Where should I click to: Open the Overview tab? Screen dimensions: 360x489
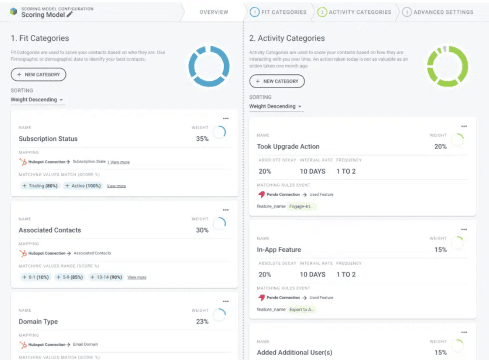(214, 12)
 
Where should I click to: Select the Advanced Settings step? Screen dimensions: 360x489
(438, 12)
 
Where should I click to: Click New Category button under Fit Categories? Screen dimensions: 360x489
(38, 74)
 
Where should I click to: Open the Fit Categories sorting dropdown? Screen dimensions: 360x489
(37, 100)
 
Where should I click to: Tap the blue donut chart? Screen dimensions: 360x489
(209, 67)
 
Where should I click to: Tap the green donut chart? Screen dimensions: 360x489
(447, 67)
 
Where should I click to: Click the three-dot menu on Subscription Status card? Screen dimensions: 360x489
(226, 119)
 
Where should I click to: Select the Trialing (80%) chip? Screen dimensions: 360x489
(40, 186)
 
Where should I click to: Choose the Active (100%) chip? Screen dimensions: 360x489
(83, 186)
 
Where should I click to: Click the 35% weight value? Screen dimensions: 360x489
(202, 139)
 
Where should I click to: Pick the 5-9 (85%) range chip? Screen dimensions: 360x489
(69, 277)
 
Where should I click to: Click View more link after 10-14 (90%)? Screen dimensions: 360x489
(137, 277)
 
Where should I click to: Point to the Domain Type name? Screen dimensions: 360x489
(38, 322)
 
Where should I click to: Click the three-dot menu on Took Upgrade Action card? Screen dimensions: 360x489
(464, 126)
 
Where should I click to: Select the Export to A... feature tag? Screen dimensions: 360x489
(302, 310)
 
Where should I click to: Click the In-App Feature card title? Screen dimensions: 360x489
(279, 250)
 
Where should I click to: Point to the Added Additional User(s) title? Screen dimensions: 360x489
(295, 353)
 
